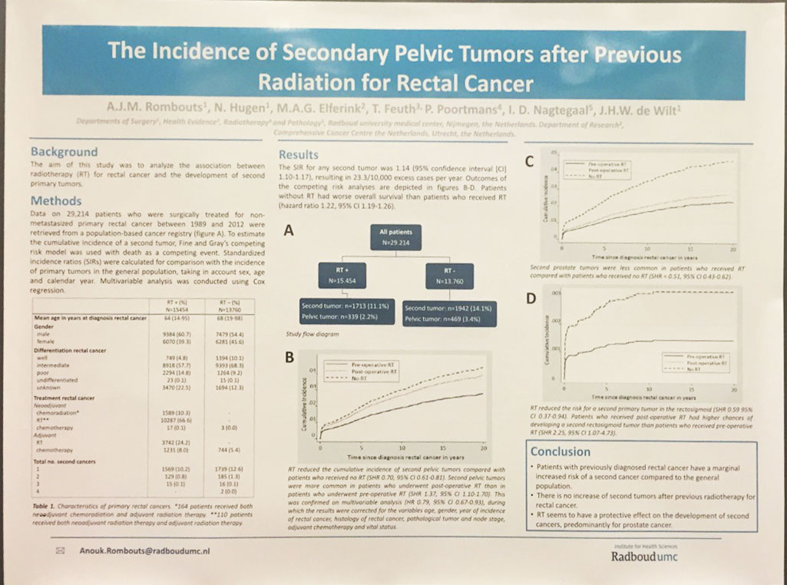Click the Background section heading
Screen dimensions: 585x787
(64, 151)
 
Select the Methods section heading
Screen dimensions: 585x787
(56, 201)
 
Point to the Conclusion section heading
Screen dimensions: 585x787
(560, 451)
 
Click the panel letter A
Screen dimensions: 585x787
(288, 230)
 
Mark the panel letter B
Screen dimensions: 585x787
(289, 357)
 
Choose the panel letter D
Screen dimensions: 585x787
(530, 300)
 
